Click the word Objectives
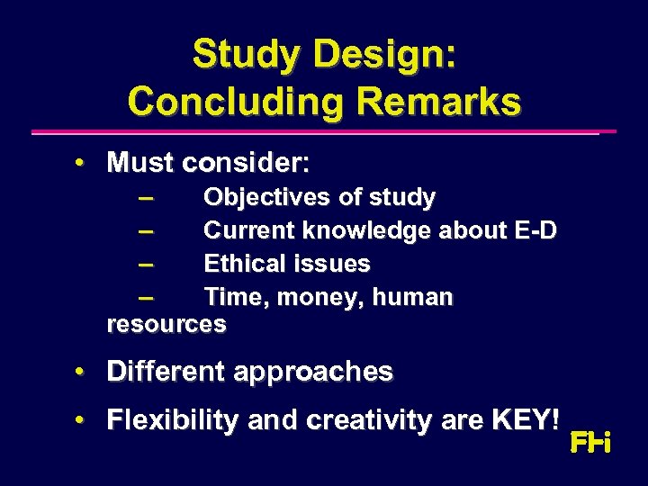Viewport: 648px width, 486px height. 263,197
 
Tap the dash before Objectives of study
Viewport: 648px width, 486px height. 147,197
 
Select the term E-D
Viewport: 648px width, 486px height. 535,230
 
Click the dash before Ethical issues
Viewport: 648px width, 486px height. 147,264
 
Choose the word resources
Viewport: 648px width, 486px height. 166,324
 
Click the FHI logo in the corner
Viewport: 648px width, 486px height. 590,443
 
